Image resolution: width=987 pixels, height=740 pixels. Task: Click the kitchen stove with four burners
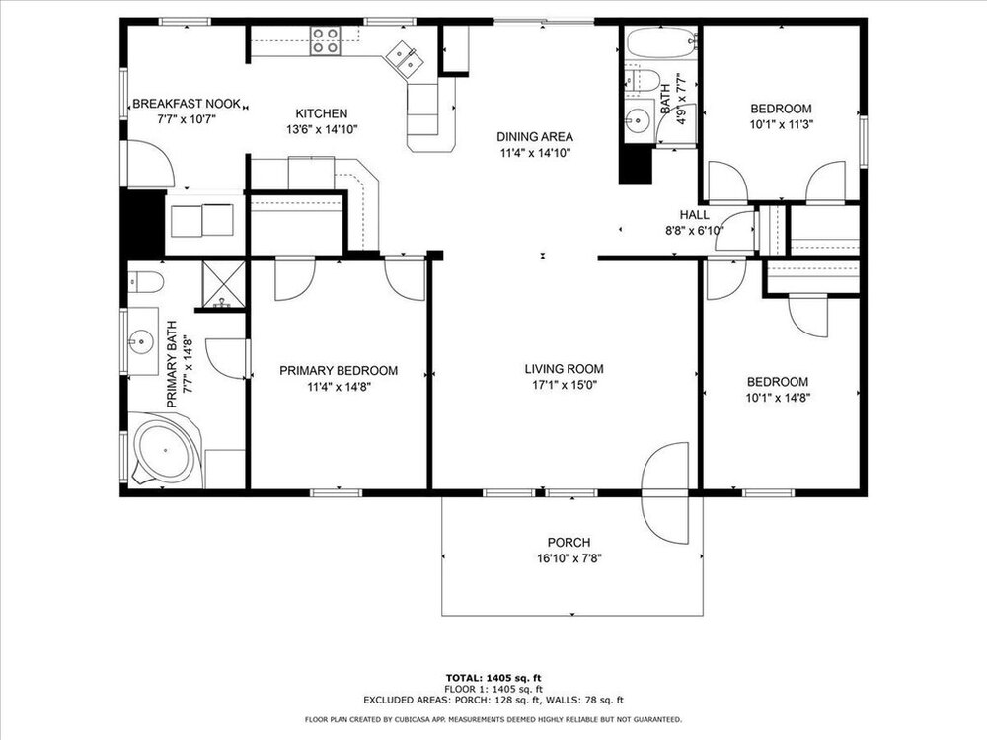coord(326,40)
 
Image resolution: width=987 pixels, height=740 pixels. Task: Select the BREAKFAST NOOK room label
coord(187,104)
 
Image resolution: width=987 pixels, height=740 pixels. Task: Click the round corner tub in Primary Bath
coord(166,450)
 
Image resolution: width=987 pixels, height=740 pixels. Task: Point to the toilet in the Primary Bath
coord(145,281)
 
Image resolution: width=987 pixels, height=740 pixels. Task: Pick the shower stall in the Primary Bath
coord(223,284)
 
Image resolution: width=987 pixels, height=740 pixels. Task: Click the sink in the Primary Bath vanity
coord(141,341)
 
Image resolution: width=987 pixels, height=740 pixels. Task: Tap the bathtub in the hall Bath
coord(661,41)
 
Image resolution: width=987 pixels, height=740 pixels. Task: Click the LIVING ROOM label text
coord(564,369)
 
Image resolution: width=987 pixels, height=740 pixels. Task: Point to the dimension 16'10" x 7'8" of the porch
coord(569,558)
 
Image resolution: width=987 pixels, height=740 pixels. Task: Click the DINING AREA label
coord(535,136)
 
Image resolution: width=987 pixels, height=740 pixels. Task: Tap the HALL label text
coord(694,214)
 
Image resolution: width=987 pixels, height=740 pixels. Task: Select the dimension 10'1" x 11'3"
coord(782,124)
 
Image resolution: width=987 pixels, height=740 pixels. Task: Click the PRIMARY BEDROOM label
coord(339,371)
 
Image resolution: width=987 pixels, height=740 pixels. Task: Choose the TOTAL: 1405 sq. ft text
coord(493,678)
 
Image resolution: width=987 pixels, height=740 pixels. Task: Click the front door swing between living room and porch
coord(664,492)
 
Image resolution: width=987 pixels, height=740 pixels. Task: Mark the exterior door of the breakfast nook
coord(150,163)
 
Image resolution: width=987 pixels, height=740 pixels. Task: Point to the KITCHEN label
coord(322,113)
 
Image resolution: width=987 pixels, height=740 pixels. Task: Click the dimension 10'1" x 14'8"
coord(778,398)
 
